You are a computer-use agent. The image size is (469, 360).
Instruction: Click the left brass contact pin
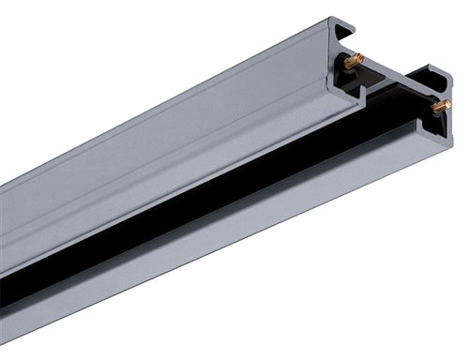(x=354, y=61)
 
